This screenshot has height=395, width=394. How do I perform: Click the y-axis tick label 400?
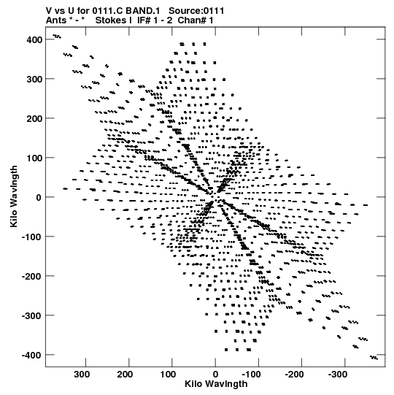[34, 40]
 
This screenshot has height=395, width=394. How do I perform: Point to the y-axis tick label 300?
[34, 79]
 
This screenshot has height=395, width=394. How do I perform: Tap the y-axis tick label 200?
[34, 118]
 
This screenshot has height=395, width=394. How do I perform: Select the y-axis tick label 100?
[34, 158]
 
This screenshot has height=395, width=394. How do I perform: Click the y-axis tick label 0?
[39, 197]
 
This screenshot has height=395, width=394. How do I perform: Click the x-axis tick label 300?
[82, 375]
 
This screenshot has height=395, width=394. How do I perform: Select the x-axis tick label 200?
[125, 375]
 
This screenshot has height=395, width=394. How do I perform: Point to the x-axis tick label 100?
[168, 375]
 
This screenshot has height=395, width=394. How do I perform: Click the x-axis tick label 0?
[215, 375]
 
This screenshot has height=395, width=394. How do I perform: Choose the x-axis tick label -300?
[337, 375]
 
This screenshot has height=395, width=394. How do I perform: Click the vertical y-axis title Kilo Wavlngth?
[14, 196]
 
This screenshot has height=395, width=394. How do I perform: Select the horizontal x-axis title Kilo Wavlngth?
[216, 383]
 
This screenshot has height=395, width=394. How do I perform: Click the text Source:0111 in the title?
[196, 11]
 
